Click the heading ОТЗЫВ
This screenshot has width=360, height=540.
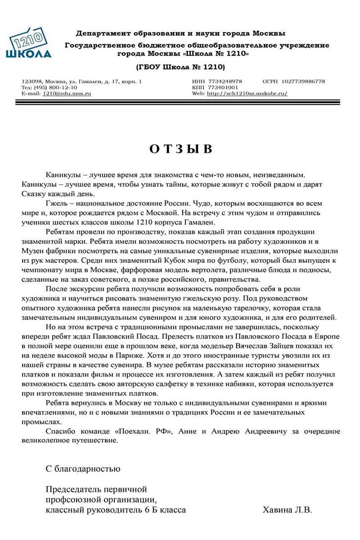pyautogui.click(x=180, y=149)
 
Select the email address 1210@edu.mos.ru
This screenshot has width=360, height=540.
pyautogui.click(x=67, y=94)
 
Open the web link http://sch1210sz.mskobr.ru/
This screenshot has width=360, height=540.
pyautogui.click(x=247, y=94)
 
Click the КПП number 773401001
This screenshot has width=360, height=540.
pyautogui.click(x=221, y=87)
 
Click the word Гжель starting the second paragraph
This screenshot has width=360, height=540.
pyautogui.click(x=56, y=202)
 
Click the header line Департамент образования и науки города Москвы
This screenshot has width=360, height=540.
pyautogui.click(x=180, y=33)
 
